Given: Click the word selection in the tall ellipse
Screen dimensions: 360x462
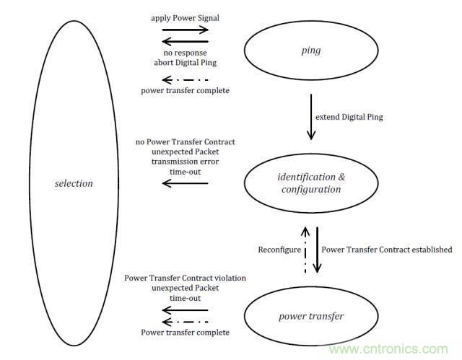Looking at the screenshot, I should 74,183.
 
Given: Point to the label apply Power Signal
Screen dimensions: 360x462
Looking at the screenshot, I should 185,17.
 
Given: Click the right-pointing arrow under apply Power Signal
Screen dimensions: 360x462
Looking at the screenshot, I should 185,30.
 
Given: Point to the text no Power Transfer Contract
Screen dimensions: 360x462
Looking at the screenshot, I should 184,141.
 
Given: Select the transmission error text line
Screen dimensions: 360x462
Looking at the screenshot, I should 184,162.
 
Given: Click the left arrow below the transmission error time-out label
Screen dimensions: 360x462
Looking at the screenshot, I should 185,183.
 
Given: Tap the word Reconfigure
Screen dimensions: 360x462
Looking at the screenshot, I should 278,250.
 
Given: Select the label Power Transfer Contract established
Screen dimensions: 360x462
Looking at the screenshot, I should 387,250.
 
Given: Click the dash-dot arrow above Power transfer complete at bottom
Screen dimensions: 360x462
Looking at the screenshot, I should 185,321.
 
